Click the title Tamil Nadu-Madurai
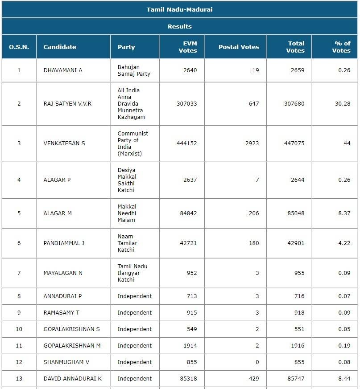click(x=179, y=9)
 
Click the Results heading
click(x=179, y=26)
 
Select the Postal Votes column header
click(x=239, y=47)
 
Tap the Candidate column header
click(x=60, y=47)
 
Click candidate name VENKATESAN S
click(x=64, y=143)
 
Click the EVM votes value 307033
click(x=186, y=103)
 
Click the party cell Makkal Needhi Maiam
click(x=127, y=213)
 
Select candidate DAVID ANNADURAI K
click(x=73, y=379)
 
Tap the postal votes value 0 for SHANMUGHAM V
click(x=257, y=362)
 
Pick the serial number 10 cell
click(x=19, y=329)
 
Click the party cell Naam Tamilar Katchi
click(x=128, y=243)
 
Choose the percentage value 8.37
click(x=344, y=213)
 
